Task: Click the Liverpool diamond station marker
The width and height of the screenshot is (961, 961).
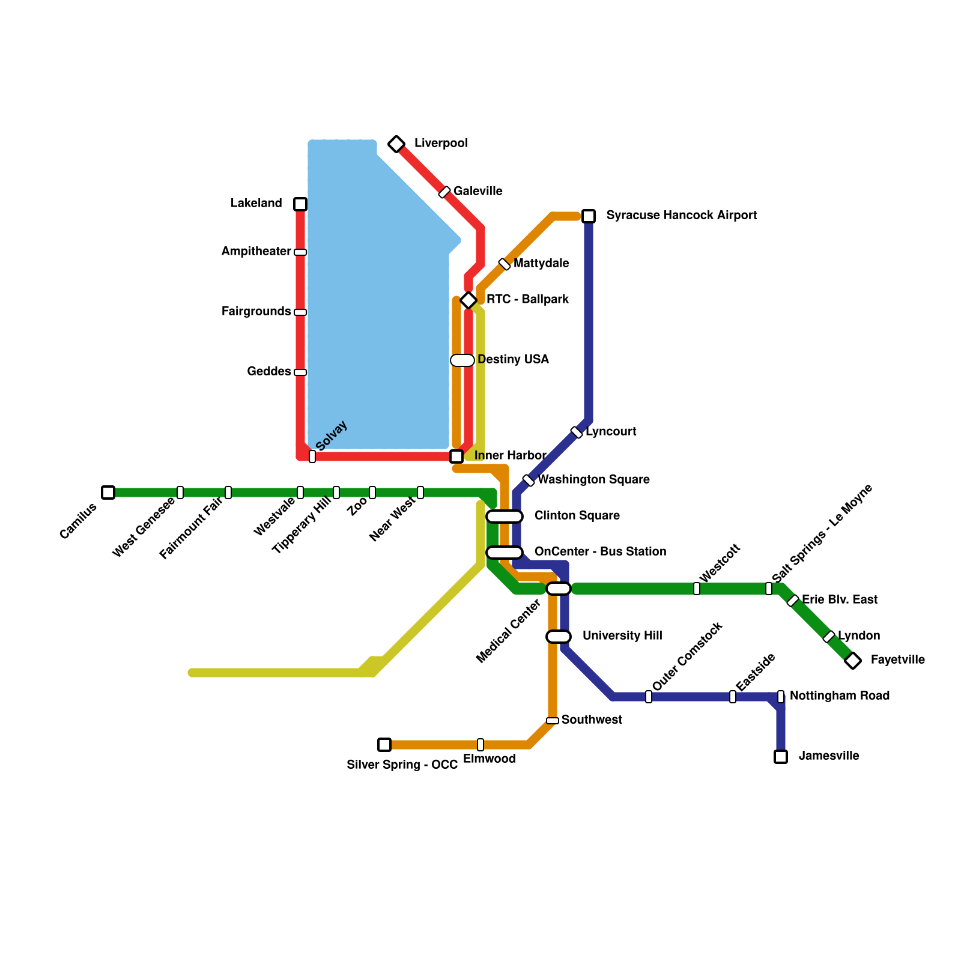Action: (396, 144)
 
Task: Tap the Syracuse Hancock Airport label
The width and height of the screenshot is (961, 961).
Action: (681, 215)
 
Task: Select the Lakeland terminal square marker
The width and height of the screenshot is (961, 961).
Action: (300, 204)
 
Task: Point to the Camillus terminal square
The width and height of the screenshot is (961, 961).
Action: (108, 493)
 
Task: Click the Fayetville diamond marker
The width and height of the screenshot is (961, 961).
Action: (852, 661)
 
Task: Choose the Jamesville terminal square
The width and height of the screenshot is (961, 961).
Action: (781, 757)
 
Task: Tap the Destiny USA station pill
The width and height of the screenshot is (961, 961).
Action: (462, 360)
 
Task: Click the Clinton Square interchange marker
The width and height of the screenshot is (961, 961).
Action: (505, 517)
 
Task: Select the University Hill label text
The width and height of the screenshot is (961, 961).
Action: (622, 635)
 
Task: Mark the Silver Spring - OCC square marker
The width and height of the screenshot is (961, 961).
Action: (384, 745)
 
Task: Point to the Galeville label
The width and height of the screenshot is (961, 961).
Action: (477, 191)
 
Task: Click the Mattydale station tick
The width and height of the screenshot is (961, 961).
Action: (505, 264)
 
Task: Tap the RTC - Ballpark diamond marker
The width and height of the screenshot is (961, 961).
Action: (468, 300)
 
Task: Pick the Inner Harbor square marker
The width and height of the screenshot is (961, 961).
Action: (456, 456)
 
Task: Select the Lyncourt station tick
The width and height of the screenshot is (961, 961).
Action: (577, 432)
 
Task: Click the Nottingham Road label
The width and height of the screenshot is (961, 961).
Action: (839, 696)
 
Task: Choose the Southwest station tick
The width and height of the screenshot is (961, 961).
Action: (553, 721)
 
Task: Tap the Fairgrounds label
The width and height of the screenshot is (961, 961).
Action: (256, 311)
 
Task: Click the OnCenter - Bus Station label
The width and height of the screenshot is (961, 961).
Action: (600, 551)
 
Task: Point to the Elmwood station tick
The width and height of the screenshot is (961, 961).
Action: (480, 745)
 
